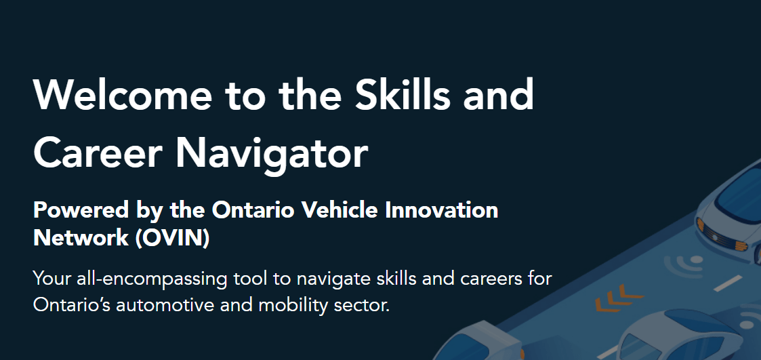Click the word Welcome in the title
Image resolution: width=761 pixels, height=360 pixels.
click(x=122, y=94)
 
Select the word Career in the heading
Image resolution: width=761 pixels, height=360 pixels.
click(x=97, y=152)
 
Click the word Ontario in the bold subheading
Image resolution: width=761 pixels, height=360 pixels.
click(x=254, y=210)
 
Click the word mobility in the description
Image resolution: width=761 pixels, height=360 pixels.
click(x=289, y=306)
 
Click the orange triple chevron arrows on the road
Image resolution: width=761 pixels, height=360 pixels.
click(x=618, y=298)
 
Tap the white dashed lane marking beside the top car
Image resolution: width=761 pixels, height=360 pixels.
click(x=728, y=283)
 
